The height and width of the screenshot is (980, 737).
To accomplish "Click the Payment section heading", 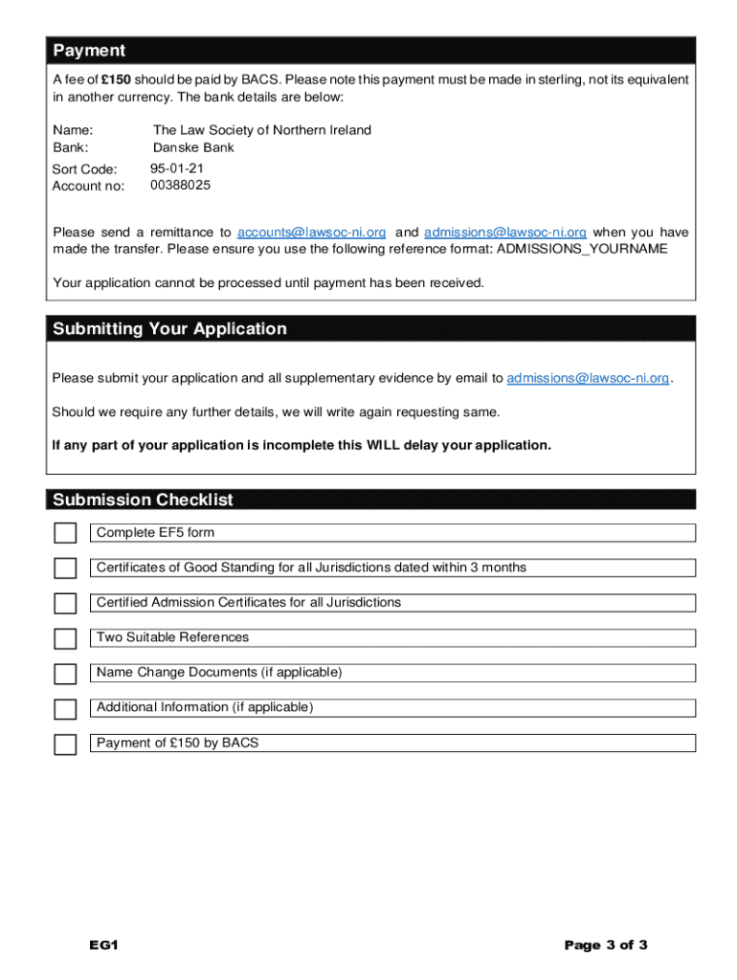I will point(89,50).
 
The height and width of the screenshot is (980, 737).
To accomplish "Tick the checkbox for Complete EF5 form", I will point(65,534).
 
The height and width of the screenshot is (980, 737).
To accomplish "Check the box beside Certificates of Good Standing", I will point(65,568).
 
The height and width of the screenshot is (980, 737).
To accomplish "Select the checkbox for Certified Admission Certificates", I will point(65,604).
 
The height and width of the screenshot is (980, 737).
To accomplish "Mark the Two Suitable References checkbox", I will point(65,638).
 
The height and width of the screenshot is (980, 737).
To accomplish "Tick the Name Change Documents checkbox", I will point(65,674).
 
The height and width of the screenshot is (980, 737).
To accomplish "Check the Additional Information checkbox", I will point(65,709).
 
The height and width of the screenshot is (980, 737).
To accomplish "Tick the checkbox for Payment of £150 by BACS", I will point(65,745).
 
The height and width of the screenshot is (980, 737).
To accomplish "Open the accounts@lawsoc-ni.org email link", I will point(311,233).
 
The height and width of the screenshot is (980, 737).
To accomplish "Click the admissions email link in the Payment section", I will point(504,233).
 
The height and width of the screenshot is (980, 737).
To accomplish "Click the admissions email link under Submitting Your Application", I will point(588,378).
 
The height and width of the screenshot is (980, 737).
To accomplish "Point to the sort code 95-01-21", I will point(177,168).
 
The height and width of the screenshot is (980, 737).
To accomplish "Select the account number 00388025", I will point(180,186).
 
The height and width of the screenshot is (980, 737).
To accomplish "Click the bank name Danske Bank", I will point(193,147).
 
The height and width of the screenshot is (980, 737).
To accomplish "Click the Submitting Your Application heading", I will point(169,329).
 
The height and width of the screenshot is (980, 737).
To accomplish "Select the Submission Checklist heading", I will point(143,500).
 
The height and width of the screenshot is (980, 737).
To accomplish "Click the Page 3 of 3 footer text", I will point(606,946).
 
